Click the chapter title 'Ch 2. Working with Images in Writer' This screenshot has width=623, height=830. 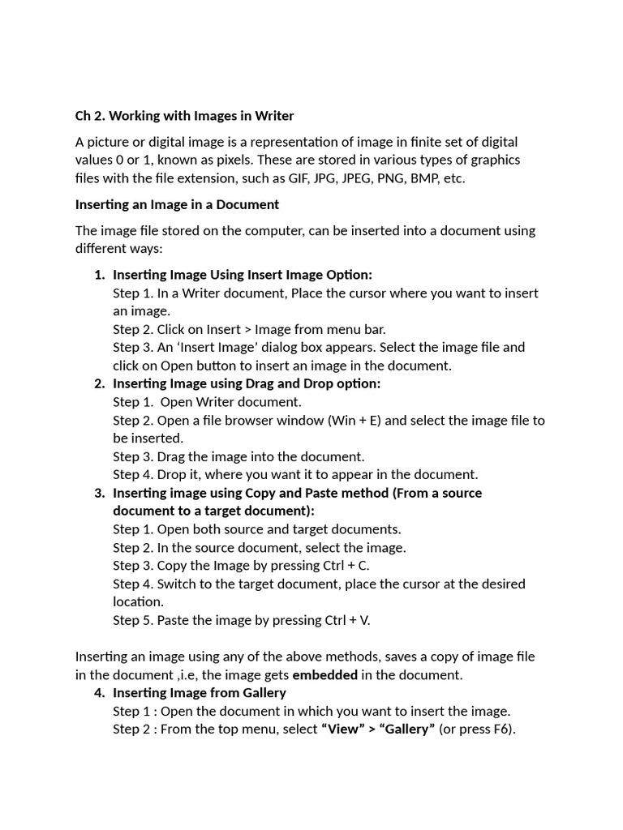[184, 116]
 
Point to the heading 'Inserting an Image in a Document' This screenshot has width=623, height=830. [177, 204]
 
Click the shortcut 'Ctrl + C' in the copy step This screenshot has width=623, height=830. [347, 566]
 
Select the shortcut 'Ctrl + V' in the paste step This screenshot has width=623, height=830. [347, 620]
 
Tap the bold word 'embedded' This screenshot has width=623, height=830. [324, 674]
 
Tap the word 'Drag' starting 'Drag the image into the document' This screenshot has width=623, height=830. [171, 456]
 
